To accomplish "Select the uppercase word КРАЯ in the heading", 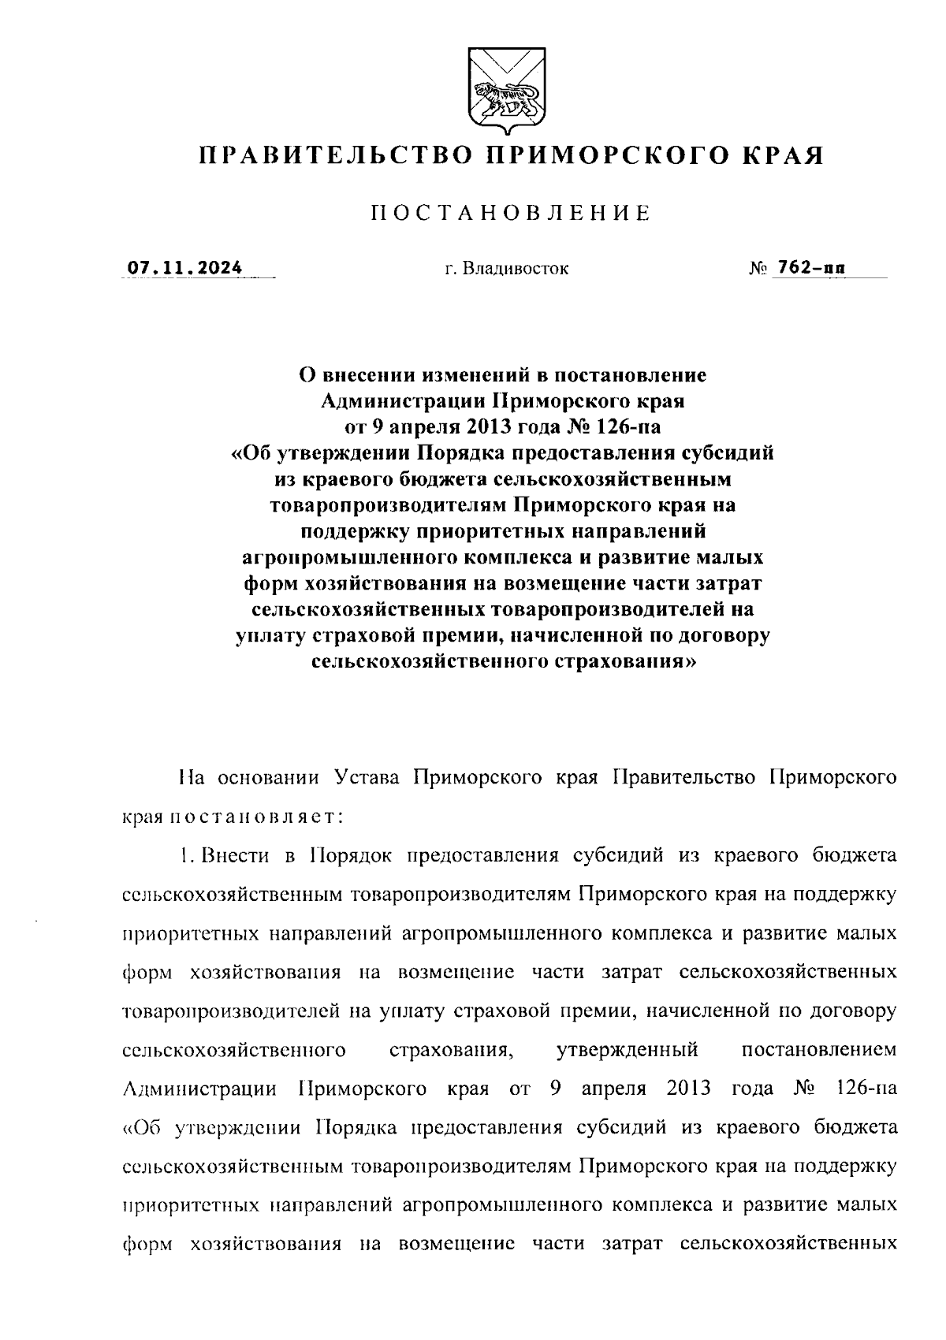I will (x=781, y=154).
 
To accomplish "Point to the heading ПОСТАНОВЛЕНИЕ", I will (x=511, y=214).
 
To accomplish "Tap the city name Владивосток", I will (x=517, y=270).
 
